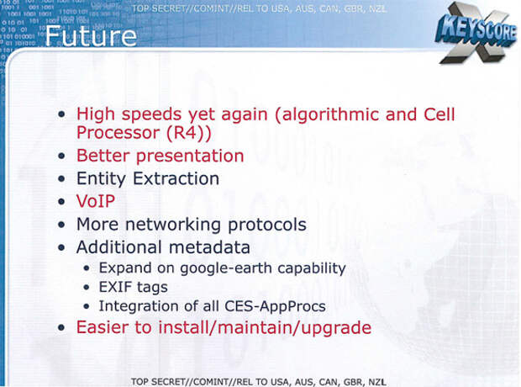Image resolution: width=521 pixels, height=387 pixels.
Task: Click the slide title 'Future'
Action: click(x=91, y=36)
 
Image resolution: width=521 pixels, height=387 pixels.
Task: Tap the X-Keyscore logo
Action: click(x=476, y=34)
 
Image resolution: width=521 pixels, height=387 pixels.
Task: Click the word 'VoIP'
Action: click(x=96, y=201)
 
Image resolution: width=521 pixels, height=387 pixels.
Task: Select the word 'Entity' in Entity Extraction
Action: click(x=101, y=179)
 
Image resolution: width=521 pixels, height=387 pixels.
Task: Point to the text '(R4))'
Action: click(x=188, y=133)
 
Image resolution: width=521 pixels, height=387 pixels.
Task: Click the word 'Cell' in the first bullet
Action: click(x=439, y=114)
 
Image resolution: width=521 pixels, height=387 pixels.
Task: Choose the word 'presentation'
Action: click(x=190, y=156)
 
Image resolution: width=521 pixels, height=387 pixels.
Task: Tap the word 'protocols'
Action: click(x=267, y=225)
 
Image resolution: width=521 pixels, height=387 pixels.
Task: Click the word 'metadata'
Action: click(x=209, y=247)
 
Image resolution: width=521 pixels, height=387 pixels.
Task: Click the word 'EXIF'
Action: click(x=115, y=287)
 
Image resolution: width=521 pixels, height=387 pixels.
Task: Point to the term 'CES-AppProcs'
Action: click(x=275, y=306)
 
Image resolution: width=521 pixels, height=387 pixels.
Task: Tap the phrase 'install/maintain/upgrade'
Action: click(x=265, y=328)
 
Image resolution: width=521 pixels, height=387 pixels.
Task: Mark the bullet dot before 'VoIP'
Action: click(x=61, y=201)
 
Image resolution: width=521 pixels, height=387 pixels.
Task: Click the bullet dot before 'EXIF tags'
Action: click(x=87, y=287)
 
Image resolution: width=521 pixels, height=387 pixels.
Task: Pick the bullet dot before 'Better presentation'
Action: click(x=61, y=156)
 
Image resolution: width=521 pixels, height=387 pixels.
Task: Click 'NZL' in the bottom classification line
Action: click(x=377, y=382)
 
